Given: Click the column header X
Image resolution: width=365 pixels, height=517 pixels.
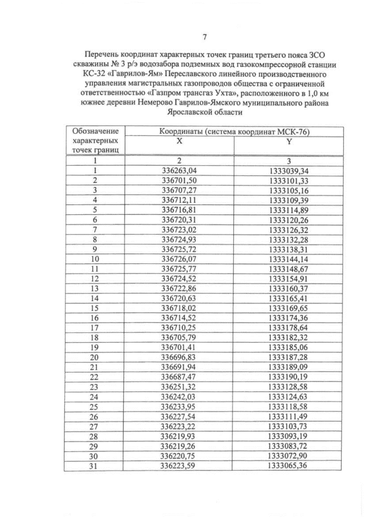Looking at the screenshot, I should (x=179, y=141).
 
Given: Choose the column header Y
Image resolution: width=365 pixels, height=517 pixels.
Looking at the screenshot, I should (x=289, y=141).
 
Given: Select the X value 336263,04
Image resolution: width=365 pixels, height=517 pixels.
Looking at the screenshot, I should (x=179, y=170).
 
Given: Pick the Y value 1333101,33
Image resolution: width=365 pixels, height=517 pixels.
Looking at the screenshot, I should (x=289, y=180).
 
